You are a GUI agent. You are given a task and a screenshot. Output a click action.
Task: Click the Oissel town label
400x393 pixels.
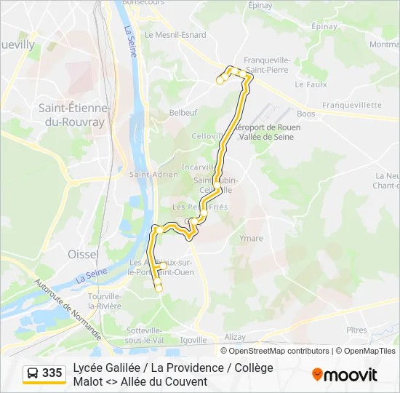click(82, 254)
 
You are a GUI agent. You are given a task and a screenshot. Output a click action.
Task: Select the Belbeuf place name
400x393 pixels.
click(183, 113)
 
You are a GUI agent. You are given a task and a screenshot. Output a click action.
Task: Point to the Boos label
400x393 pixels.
click(306, 114)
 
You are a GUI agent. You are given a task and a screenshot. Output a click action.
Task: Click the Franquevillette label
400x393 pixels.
click(352, 105)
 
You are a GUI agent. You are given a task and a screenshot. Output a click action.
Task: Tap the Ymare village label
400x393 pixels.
click(251, 238)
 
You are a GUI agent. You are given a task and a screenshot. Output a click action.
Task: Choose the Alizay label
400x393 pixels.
click(235, 338)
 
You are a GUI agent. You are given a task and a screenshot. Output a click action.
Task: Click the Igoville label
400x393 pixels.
click(193, 340)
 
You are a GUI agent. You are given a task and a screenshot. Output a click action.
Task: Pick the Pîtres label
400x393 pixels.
click(356, 330)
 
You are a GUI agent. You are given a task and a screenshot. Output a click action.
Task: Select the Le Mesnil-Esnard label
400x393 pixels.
click(175, 34)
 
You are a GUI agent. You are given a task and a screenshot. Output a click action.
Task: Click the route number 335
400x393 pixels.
click(52, 373)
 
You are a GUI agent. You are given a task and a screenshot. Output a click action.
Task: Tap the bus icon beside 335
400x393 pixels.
click(33, 373)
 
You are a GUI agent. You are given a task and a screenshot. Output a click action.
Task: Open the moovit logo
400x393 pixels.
click(345, 375)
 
